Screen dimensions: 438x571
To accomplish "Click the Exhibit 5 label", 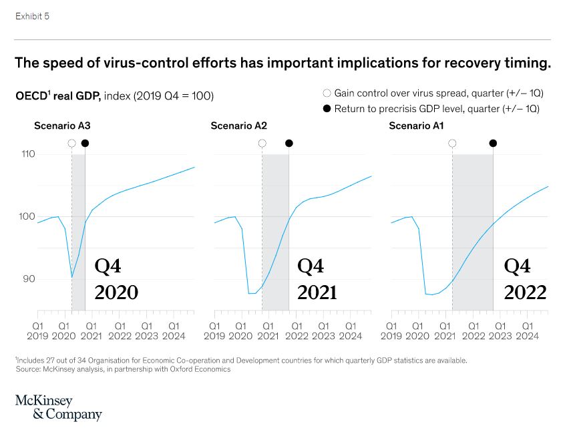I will (x=32, y=16).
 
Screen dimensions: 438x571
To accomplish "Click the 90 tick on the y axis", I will (x=27, y=279).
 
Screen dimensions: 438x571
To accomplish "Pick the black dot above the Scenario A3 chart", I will (x=85, y=143).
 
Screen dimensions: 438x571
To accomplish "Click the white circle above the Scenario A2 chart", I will (x=262, y=143).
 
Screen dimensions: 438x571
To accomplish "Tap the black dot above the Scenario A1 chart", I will (x=493, y=143).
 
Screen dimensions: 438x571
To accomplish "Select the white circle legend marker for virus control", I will (x=327, y=94).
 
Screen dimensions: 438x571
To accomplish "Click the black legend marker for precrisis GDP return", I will (x=327, y=108).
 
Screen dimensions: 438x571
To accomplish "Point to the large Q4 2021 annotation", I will (x=317, y=280).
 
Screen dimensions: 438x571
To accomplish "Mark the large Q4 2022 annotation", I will (x=525, y=280).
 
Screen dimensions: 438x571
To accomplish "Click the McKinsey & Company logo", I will (x=58, y=407).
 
